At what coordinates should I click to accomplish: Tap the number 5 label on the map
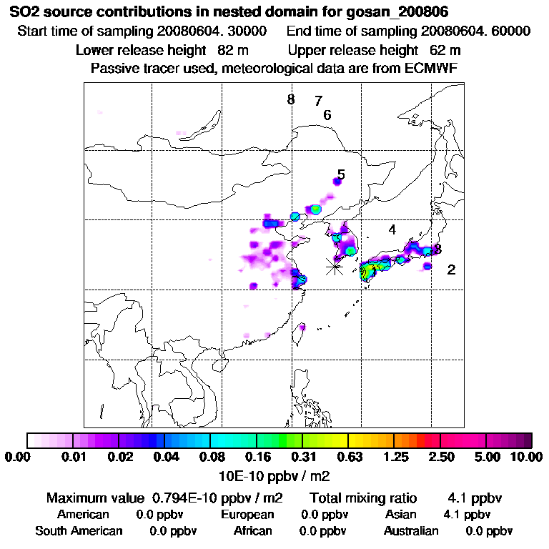coord(341,174)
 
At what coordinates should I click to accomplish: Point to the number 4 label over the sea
coord(392,229)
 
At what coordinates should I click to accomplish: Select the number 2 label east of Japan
coord(451,269)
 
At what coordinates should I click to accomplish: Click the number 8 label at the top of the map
coord(291,99)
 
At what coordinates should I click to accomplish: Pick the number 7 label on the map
coord(318,101)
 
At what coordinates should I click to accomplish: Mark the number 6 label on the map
coord(327,114)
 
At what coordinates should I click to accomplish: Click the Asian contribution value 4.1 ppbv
coord(467,514)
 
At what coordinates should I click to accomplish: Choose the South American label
coord(79,530)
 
